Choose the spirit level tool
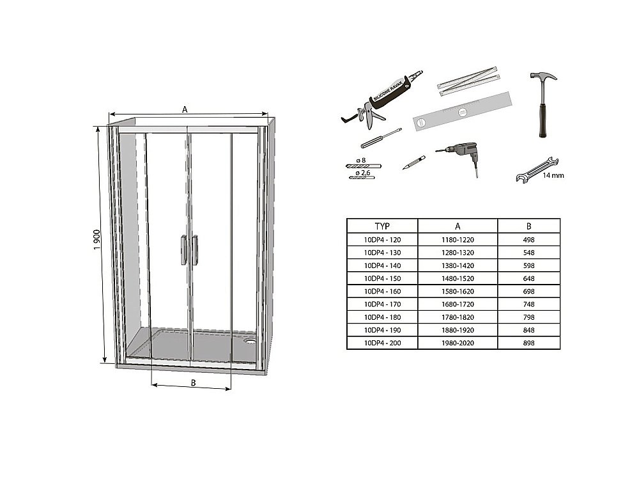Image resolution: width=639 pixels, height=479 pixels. (463, 113)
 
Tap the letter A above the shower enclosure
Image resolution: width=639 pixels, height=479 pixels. (185, 109)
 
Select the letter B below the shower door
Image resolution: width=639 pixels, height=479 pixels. (192, 382)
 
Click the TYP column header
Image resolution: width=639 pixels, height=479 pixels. (382, 226)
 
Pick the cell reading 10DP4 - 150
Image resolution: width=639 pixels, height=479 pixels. (381, 278)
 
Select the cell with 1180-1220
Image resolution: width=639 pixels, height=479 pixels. (457, 239)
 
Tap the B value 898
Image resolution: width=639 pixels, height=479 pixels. (527, 343)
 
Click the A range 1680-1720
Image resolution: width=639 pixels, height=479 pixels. (457, 304)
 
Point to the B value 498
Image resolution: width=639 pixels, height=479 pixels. (527, 239)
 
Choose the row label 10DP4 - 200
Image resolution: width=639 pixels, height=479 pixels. (381, 343)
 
